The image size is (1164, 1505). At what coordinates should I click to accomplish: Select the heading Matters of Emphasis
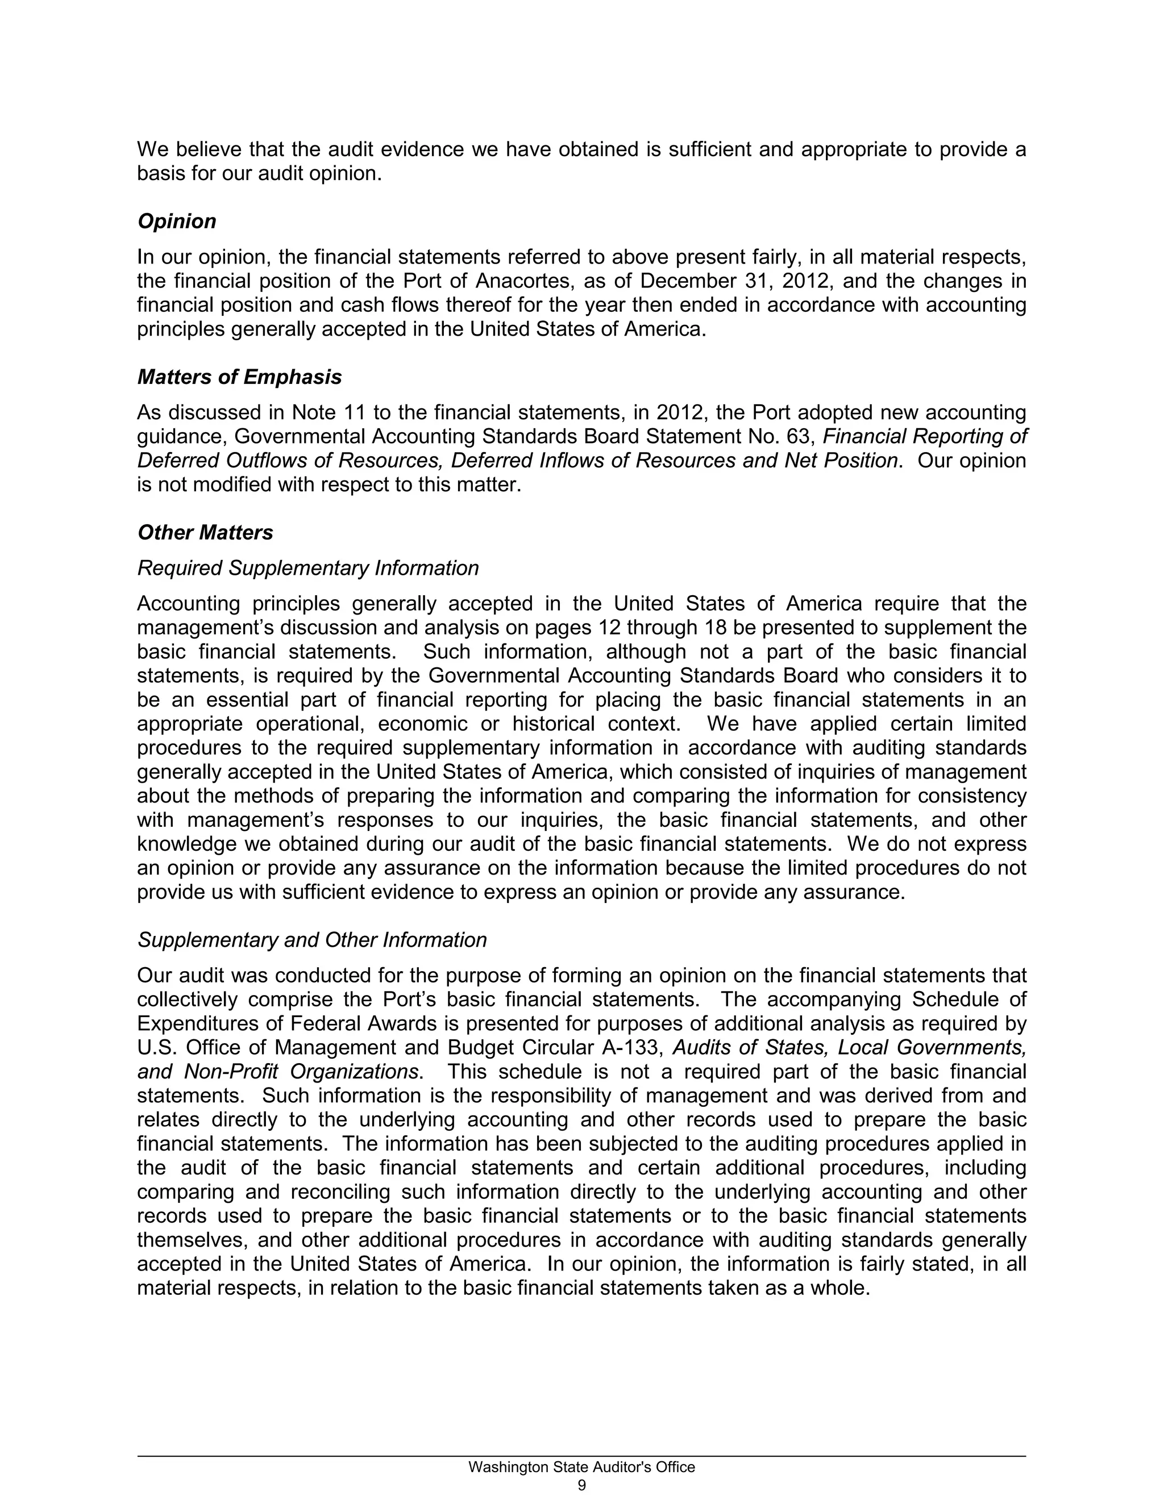(239, 377)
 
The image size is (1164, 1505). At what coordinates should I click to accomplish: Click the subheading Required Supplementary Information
(307, 568)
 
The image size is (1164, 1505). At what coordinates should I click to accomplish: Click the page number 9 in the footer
(581, 1485)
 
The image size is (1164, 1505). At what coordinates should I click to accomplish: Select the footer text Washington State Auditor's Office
(581, 1467)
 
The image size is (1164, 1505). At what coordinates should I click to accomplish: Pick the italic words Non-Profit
(231, 1072)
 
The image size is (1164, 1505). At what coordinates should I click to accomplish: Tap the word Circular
(558, 1048)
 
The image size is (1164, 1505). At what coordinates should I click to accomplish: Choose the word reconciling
(339, 1192)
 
